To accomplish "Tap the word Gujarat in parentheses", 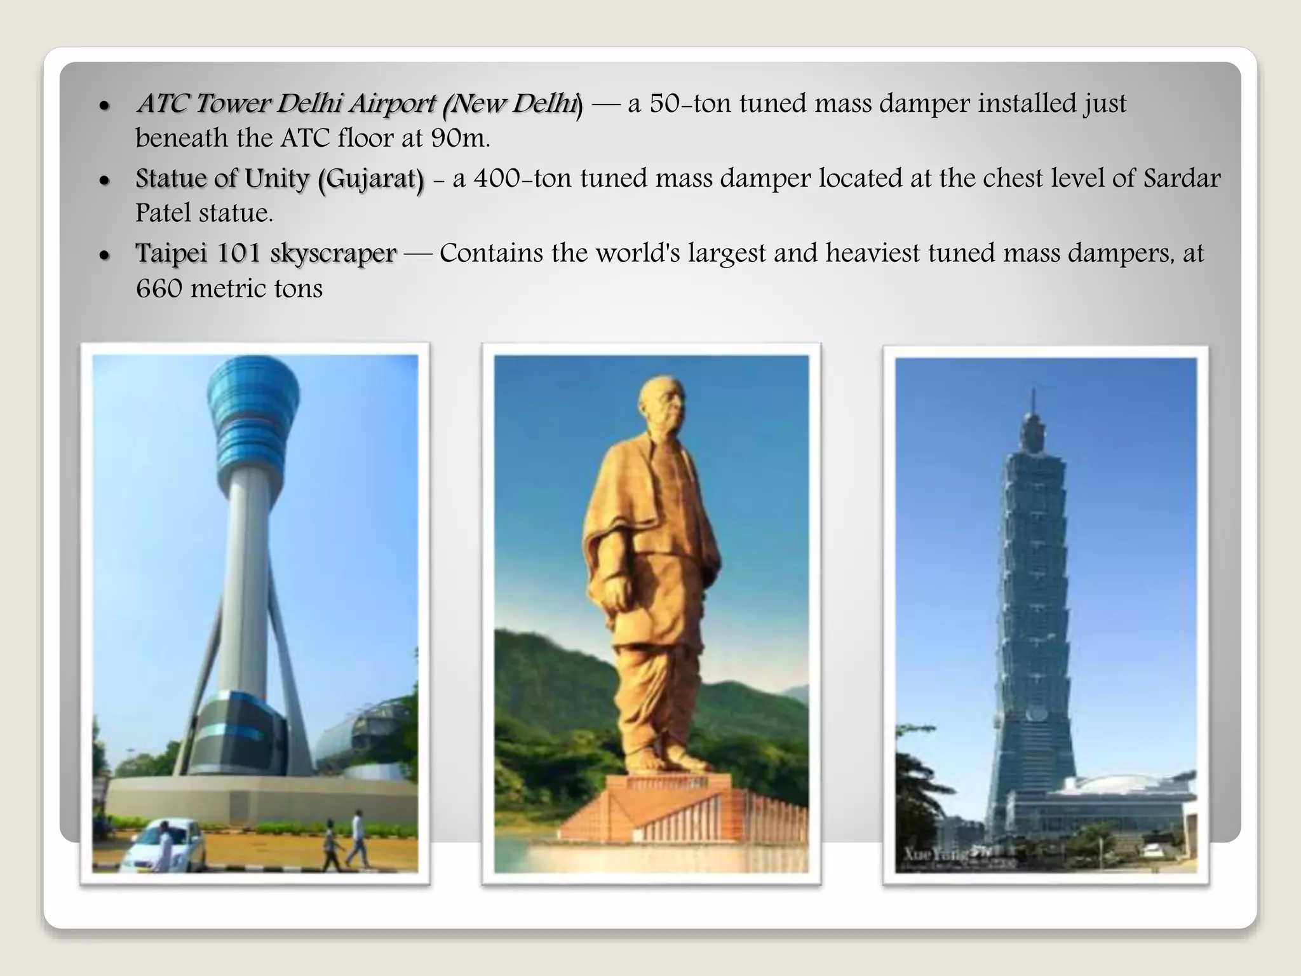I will (x=371, y=179).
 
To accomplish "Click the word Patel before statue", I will (x=162, y=213).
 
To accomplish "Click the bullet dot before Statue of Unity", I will (x=105, y=180).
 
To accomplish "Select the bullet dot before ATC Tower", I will (x=105, y=105).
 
